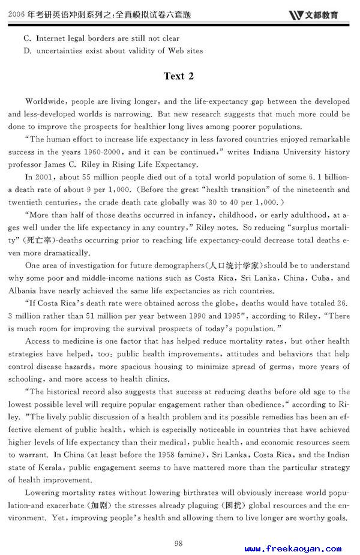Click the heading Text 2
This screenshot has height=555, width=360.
tap(179, 76)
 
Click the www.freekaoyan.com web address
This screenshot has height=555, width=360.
tap(293, 548)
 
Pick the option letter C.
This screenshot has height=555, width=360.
tap(27, 38)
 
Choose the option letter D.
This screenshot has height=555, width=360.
tap(27, 51)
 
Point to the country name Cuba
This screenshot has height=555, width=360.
tap(324, 278)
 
